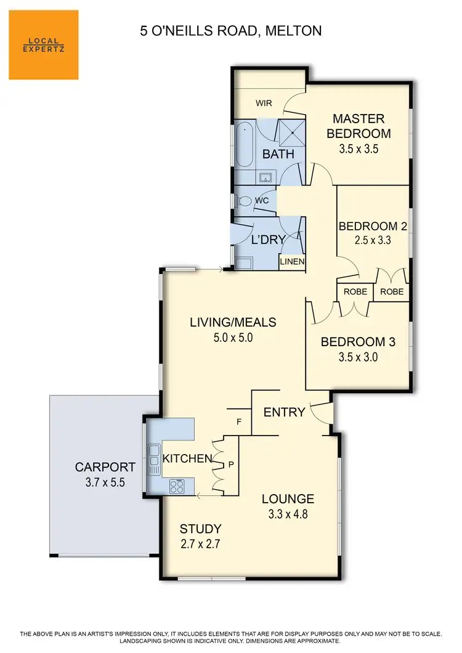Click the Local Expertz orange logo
pos(44,45)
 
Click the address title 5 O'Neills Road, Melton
pos(231,30)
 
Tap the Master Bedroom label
pos(359,126)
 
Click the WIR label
pos(264,103)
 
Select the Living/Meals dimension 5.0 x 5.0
pos(233,337)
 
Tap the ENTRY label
pos(285,412)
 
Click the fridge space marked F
pos(239,422)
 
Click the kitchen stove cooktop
pos(176,486)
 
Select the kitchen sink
pos(153,460)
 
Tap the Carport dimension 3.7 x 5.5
pos(104,482)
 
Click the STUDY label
pos(200,529)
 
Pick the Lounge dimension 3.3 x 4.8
pos(288,513)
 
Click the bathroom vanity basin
pos(266,178)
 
